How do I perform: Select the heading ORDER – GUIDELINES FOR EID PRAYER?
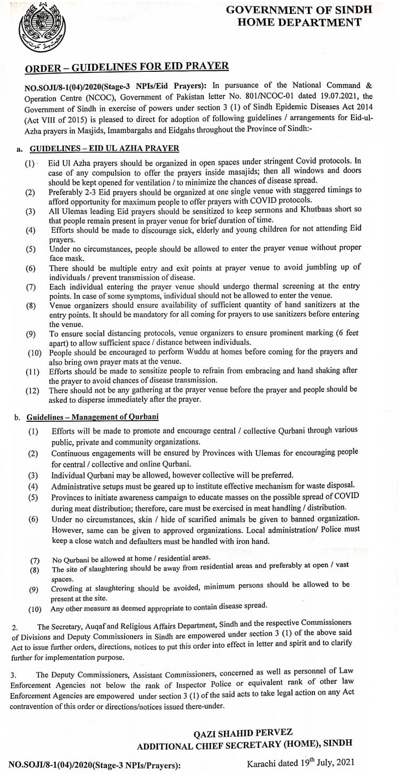point(127,67)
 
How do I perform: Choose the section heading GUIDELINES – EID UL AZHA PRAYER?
point(104,148)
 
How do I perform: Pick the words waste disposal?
point(331,486)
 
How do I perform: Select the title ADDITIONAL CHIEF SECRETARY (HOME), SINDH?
point(244,744)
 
